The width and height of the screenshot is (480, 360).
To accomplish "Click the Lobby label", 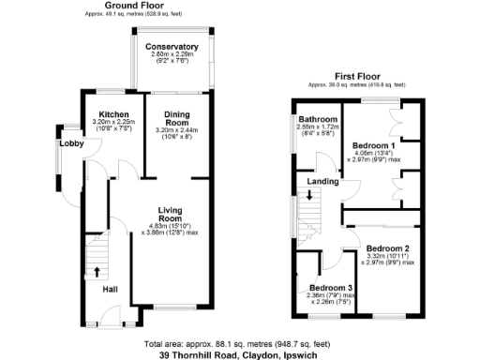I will tap(71, 143).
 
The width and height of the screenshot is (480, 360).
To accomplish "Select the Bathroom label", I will tap(318, 120).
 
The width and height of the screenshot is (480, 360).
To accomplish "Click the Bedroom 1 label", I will tap(373, 146).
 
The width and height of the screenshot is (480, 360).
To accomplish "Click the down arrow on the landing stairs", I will tap(309, 197).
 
